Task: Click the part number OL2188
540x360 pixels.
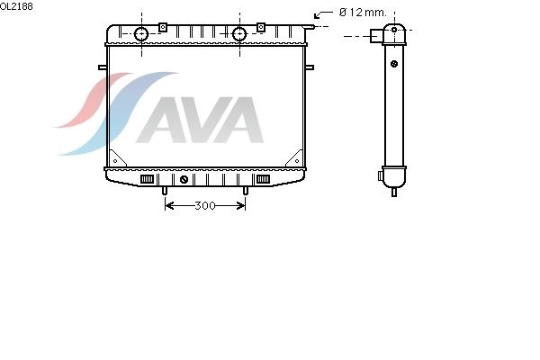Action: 16,6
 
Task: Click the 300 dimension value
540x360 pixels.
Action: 205,206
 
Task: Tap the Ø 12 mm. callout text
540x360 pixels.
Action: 363,13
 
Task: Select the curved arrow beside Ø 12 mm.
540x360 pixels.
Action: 323,13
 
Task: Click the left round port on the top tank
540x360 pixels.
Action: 141,34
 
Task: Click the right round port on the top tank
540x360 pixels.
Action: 239,34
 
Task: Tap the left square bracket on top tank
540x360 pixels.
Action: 163,27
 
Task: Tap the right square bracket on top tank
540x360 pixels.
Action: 261,27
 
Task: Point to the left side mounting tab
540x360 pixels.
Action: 103,67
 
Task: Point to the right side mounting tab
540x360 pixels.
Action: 310,67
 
